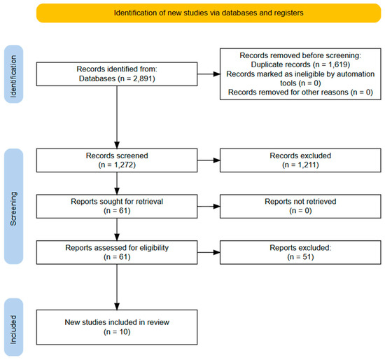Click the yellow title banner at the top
click(209, 13)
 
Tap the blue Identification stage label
click(14, 74)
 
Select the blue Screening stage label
click(14, 206)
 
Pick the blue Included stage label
click(14, 327)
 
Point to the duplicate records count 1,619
click(338, 64)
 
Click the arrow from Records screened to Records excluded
click(209, 160)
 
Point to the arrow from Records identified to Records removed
click(209, 74)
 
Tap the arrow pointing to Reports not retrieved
click(209, 207)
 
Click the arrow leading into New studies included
click(117, 287)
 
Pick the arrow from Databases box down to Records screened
click(117, 117)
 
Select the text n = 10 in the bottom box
click(117, 332)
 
